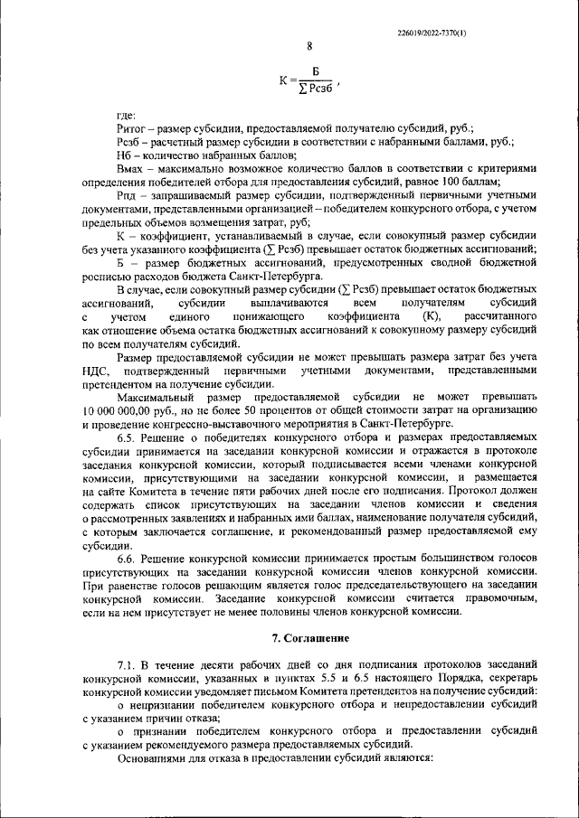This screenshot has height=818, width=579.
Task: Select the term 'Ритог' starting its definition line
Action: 132,129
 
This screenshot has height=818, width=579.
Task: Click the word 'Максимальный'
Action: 159,396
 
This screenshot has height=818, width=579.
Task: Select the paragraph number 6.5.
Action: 126,436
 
